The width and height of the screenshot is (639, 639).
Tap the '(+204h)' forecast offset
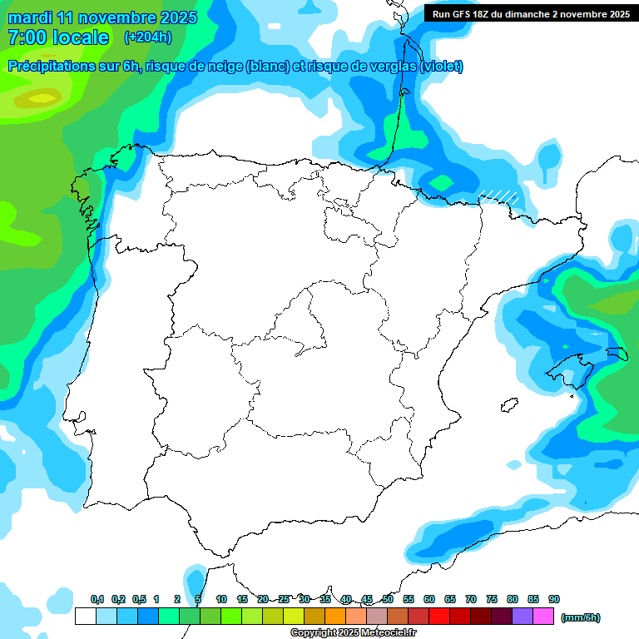click(147, 37)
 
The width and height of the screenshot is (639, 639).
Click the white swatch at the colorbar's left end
click(85, 617)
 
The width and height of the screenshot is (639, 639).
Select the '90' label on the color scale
click(554, 599)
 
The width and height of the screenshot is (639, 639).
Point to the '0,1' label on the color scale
click(97, 599)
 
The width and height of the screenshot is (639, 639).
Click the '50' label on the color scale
click(388, 599)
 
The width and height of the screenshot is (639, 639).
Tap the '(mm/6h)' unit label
click(581, 617)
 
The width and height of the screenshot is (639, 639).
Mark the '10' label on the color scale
click(221, 599)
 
